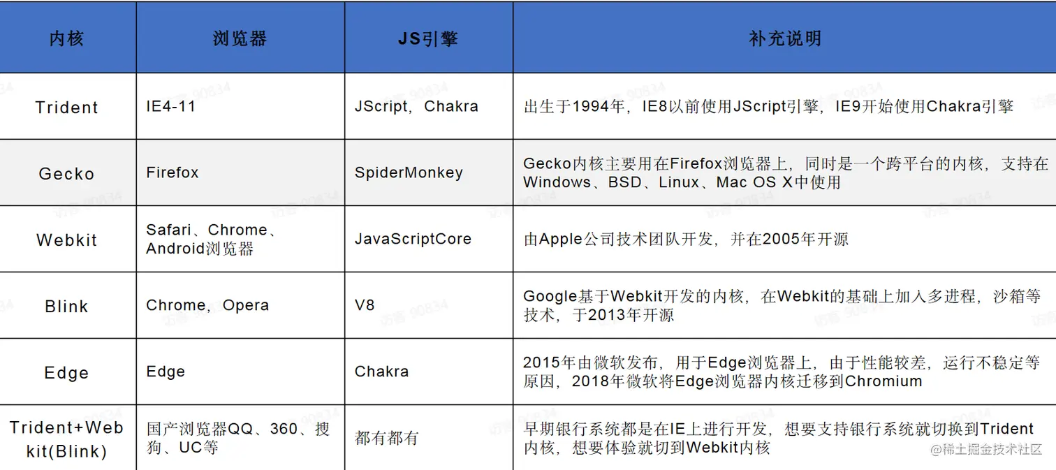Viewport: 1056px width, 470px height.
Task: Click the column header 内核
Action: (x=66, y=38)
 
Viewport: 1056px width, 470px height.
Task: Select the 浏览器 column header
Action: (x=240, y=38)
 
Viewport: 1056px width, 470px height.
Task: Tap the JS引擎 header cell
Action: (x=428, y=38)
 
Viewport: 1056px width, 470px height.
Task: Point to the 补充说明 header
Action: (x=784, y=38)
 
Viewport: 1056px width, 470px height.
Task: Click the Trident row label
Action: (x=67, y=108)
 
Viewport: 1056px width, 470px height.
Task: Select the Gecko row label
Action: (x=66, y=174)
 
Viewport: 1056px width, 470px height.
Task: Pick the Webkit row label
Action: (x=67, y=240)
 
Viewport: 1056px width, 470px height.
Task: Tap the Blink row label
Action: (x=66, y=307)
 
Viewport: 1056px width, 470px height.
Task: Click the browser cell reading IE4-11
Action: (x=171, y=107)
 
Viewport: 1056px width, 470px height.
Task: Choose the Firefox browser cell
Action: (x=173, y=172)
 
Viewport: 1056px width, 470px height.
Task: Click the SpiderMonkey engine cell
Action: (x=409, y=172)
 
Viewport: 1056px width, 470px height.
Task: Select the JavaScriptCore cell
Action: (x=413, y=239)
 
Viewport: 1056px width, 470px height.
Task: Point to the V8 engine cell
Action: (x=365, y=305)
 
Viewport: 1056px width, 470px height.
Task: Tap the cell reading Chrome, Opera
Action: (x=207, y=305)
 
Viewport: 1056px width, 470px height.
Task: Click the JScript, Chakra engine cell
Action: (x=416, y=107)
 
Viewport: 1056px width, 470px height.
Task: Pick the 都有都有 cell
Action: (x=386, y=438)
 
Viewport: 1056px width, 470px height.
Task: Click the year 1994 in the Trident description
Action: (x=589, y=107)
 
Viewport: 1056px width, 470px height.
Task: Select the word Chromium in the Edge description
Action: (x=883, y=381)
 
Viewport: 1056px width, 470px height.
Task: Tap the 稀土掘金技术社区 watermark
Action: (x=986, y=449)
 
